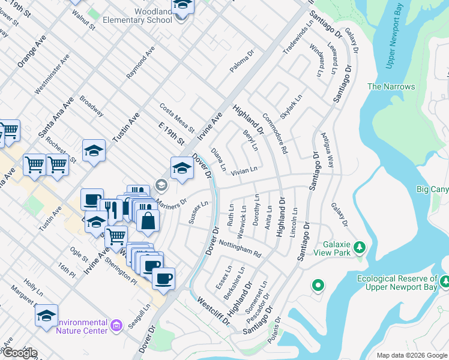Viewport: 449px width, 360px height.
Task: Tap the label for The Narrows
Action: (x=391, y=87)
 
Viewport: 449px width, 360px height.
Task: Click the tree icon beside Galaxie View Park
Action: (x=360, y=247)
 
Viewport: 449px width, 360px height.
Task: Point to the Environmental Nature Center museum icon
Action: (x=116, y=325)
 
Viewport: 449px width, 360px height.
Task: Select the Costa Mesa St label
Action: (x=177, y=118)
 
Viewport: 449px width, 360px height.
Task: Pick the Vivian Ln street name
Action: (x=244, y=170)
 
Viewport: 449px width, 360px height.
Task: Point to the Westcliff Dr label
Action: (x=214, y=312)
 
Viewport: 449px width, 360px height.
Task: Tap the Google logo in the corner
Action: (x=19, y=353)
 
